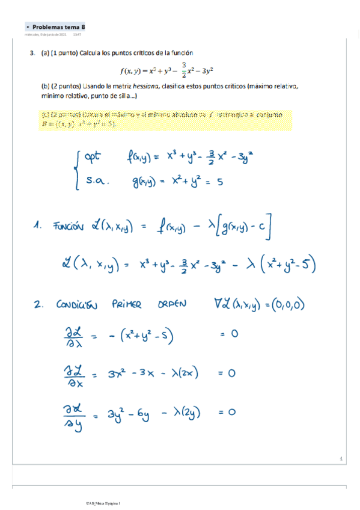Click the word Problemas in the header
click(49, 27)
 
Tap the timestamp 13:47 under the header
click(77, 35)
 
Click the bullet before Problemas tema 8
click(28, 28)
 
